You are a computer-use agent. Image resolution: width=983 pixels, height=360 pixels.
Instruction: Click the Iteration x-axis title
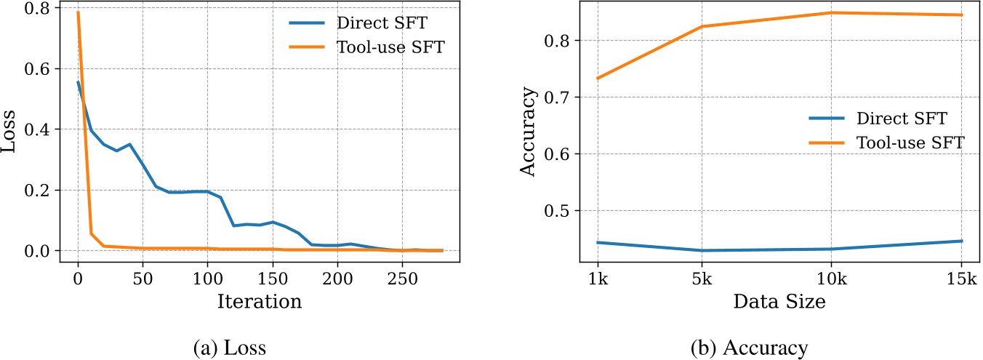coord(259,302)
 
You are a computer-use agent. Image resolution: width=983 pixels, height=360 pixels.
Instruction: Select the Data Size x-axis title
coord(779,302)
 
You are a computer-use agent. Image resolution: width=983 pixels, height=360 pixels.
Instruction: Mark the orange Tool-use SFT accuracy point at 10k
coord(832,12)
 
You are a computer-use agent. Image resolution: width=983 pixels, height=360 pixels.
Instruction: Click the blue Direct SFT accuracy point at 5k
coord(702,251)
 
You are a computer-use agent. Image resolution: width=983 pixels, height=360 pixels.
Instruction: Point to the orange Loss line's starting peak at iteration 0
coord(78,12)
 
